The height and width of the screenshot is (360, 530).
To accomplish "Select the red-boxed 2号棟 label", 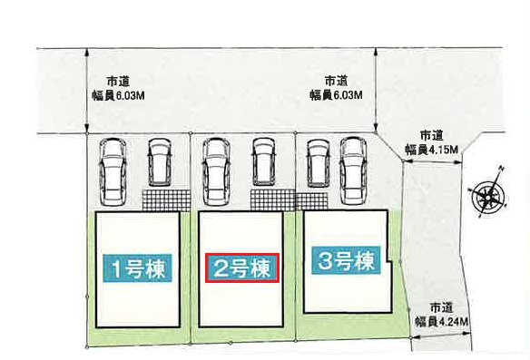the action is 240,268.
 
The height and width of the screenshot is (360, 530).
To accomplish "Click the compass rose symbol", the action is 489,193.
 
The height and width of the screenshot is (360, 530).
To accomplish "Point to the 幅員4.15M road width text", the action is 433,148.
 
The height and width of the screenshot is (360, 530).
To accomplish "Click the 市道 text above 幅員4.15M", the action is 432,133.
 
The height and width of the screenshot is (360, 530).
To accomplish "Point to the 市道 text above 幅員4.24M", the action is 441,306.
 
